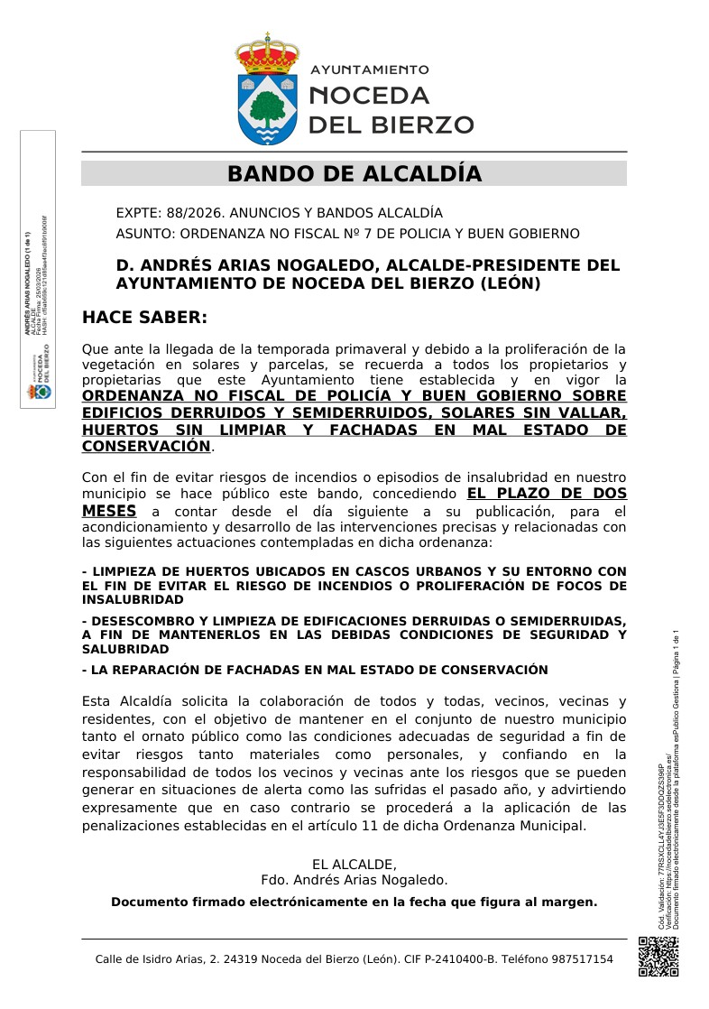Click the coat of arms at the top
[x=267, y=90]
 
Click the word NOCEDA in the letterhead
[x=369, y=96]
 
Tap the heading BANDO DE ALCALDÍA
[x=354, y=174]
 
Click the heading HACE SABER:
[x=144, y=317]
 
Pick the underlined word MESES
[x=109, y=511]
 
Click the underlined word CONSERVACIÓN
[x=146, y=446]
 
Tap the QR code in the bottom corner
[x=658, y=957]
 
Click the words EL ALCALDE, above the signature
[x=354, y=864]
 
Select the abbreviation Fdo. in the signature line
[x=274, y=880]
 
